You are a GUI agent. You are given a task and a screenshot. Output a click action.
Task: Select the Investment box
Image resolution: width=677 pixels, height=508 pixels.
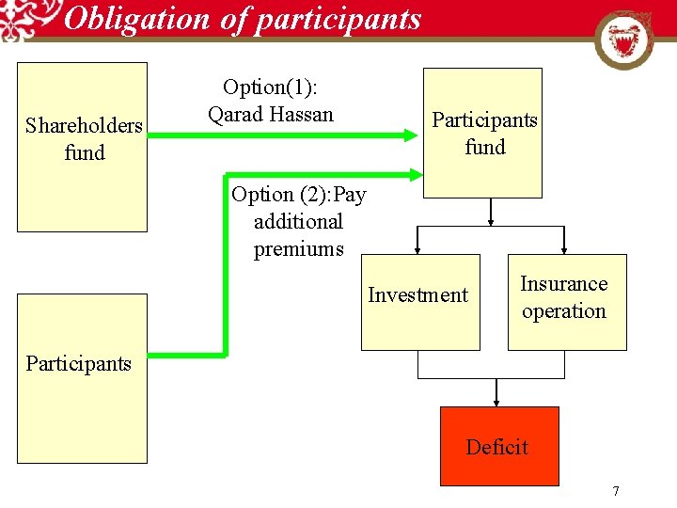(x=419, y=302)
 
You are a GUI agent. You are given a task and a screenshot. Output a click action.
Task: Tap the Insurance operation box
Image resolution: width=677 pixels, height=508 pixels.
(x=566, y=302)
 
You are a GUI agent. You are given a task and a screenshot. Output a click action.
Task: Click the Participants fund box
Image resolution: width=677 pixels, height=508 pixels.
(x=482, y=133)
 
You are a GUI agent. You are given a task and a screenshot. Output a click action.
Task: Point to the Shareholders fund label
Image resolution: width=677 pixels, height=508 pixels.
(x=84, y=138)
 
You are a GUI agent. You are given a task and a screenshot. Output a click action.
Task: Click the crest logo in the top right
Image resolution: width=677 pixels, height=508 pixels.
(x=623, y=40)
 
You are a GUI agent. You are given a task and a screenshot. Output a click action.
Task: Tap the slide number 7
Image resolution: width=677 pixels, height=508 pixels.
(x=616, y=491)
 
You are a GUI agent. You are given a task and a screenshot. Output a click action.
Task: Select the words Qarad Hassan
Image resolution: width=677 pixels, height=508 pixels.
(x=271, y=115)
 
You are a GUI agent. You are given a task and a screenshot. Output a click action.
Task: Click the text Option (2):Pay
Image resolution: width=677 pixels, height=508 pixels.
(x=299, y=195)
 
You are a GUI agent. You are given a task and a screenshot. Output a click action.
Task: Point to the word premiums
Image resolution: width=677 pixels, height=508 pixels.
(x=299, y=249)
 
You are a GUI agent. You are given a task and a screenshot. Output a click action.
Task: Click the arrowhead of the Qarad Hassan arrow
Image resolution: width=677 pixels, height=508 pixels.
(x=410, y=135)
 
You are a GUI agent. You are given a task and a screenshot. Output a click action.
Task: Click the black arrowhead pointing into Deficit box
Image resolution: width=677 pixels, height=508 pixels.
(x=496, y=400)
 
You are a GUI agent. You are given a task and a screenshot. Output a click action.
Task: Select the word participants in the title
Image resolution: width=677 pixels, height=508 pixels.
(x=347, y=19)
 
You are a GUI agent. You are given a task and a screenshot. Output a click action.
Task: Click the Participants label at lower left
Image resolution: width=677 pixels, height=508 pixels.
(x=79, y=363)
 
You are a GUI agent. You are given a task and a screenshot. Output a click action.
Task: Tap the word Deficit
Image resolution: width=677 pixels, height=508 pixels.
(x=497, y=447)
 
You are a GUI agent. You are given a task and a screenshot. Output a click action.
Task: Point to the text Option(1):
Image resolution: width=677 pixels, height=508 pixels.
(x=270, y=87)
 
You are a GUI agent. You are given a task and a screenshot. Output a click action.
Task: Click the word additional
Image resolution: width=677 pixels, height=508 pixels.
(x=299, y=222)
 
